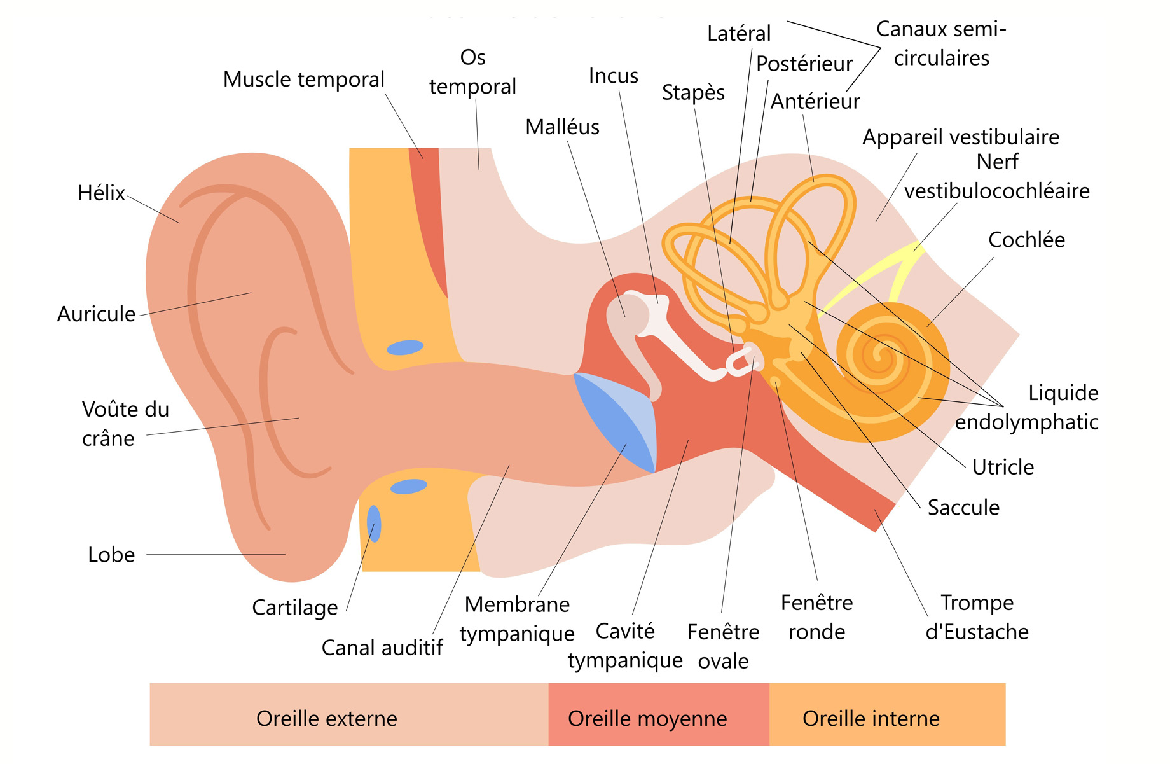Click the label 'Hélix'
101,193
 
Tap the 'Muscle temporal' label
303,80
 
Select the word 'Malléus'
562,127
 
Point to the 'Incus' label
613,76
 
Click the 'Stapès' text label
693,93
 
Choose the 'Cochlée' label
1026,240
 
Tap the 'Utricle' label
1003,467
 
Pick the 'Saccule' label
963,508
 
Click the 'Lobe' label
111,555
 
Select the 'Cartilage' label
295,608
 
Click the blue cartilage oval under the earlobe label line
374,523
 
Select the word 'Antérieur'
815,102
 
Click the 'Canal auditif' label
382,648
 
